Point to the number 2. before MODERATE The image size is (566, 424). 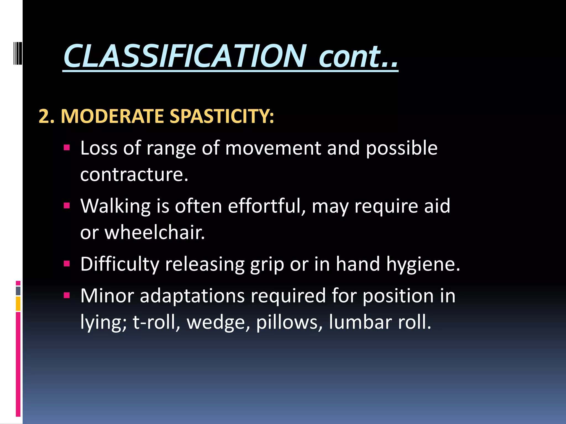click(x=46, y=116)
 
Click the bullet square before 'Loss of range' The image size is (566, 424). click(x=67, y=147)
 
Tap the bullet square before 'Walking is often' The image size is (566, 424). click(x=67, y=205)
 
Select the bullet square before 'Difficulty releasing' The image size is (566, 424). click(x=67, y=264)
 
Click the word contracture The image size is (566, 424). click(x=134, y=174)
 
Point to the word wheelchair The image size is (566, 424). click(x=154, y=232)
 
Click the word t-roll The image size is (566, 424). click(x=156, y=322)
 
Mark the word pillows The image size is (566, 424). click(x=289, y=322)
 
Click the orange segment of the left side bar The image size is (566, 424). click(x=18, y=304)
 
